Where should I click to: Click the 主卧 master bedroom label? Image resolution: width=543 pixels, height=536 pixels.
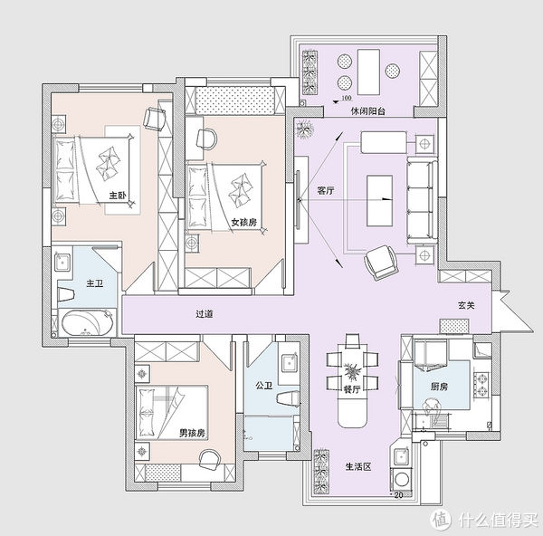[x=118, y=196]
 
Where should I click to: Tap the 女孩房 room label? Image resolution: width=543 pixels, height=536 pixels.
[x=244, y=222]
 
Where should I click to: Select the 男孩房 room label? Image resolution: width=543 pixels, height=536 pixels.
[x=192, y=433]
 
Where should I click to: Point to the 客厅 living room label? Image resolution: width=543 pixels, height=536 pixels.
[x=326, y=190]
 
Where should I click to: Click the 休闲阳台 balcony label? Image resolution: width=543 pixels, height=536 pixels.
[x=368, y=111]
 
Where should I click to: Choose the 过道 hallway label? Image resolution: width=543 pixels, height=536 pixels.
[x=205, y=314]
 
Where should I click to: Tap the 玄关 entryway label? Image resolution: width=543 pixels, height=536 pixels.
[x=466, y=305]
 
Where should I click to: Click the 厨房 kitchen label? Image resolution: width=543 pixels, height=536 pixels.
[x=440, y=387]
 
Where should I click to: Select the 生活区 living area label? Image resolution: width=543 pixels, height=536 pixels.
[x=358, y=466]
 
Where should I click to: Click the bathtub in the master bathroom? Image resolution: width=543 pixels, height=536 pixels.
[x=88, y=323]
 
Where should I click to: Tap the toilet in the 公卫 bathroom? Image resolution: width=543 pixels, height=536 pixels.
[x=288, y=398]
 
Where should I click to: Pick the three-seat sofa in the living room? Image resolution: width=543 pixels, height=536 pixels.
[x=422, y=200]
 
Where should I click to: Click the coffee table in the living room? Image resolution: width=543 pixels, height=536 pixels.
[x=379, y=201]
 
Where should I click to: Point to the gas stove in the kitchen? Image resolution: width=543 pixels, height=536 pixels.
[x=481, y=384]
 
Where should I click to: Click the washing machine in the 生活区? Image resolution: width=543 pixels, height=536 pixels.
[x=402, y=480]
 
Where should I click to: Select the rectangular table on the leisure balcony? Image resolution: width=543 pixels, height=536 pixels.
[x=369, y=72]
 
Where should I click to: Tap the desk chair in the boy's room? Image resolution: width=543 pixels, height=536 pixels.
[x=210, y=459]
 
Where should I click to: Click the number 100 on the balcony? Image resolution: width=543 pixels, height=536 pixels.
[x=347, y=98]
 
